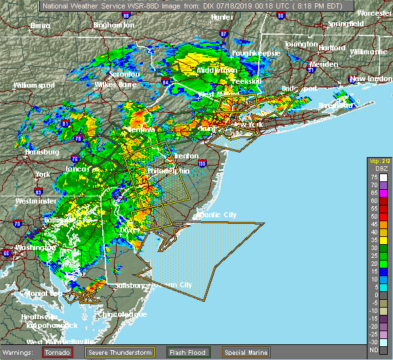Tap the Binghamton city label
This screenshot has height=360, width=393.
pyautogui.click(x=113, y=25)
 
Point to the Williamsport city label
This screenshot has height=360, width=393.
pyautogui.click(x=34, y=85)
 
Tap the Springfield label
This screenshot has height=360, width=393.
pyautogui.click(x=346, y=24)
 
